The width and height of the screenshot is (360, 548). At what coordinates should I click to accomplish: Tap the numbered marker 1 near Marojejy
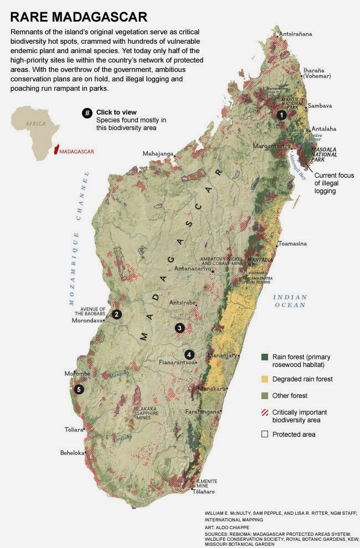(x=282, y=115)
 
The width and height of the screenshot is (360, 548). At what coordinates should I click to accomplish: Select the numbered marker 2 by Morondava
(x=116, y=314)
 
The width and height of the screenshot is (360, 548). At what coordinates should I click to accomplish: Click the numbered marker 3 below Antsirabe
(x=179, y=328)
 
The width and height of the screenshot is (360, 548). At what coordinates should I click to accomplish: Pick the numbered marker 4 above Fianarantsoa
(x=189, y=354)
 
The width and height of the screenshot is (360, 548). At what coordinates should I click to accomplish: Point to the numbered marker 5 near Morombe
(x=79, y=389)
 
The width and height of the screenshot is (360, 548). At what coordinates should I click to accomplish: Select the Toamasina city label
(x=292, y=244)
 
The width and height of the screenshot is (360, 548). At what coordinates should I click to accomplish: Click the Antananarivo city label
(x=193, y=269)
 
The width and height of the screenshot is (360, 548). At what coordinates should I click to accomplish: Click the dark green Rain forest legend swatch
(x=265, y=357)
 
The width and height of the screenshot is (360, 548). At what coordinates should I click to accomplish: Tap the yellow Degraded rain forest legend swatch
(x=265, y=379)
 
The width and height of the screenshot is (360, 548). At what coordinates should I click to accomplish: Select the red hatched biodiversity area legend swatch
(x=265, y=412)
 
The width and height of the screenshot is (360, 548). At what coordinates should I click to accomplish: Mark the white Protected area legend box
(x=265, y=435)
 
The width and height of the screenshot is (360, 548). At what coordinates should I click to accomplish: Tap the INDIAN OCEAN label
(x=289, y=301)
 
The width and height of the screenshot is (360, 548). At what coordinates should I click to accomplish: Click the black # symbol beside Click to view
(x=87, y=113)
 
